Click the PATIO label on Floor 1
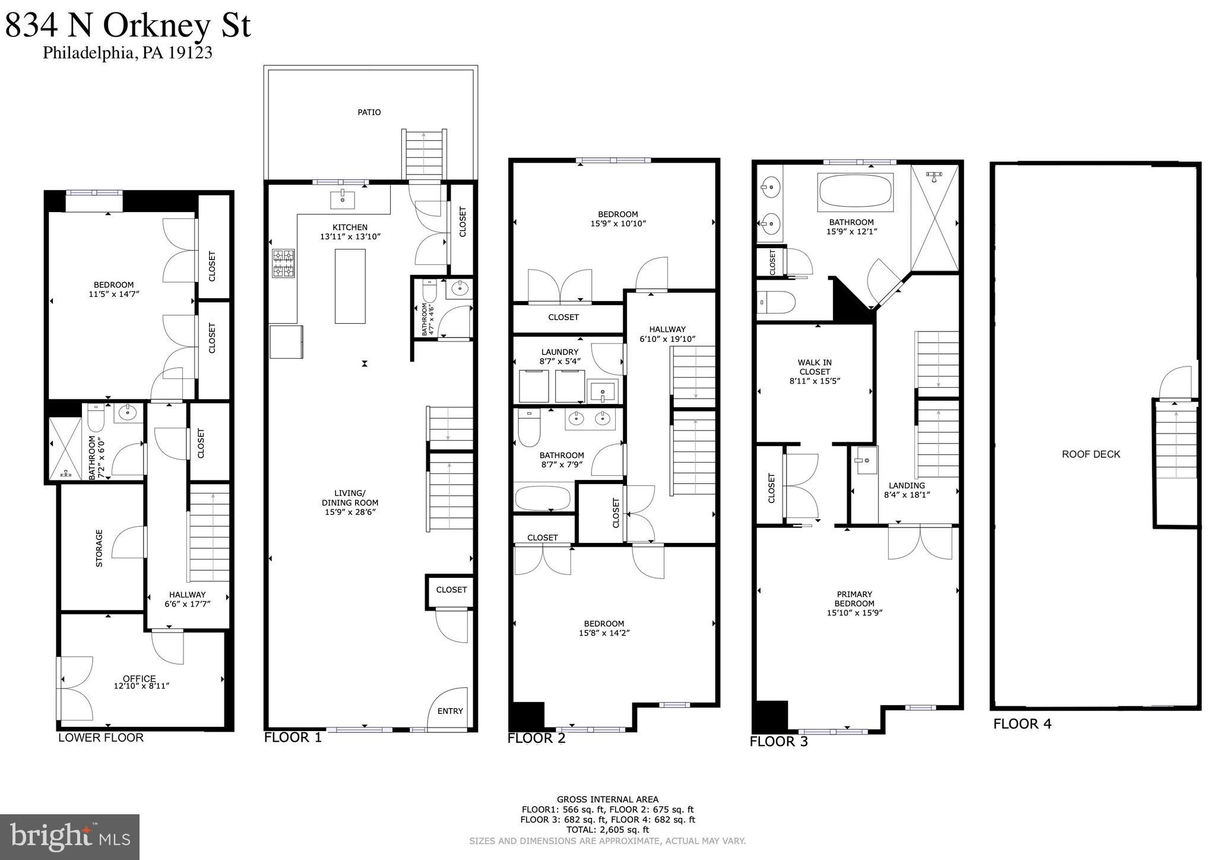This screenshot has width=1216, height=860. pyautogui.click(x=369, y=112)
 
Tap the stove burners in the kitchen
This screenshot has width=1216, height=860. pyautogui.click(x=283, y=263)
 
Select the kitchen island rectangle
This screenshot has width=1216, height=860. pyautogui.click(x=350, y=286)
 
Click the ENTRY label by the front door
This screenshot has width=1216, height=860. pyautogui.click(x=450, y=711)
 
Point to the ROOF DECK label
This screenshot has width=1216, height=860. pyautogui.click(x=1091, y=454)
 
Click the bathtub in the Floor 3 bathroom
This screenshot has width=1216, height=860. pyautogui.click(x=855, y=192)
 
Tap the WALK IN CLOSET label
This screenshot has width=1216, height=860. pyautogui.click(x=814, y=367)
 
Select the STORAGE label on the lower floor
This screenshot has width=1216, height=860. pyautogui.click(x=99, y=548)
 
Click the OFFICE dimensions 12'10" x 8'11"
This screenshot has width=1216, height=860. pyautogui.click(x=141, y=686)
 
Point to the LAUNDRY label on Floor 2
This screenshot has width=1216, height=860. pyautogui.click(x=559, y=352)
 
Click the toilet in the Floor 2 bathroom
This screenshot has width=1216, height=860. pyautogui.click(x=528, y=428)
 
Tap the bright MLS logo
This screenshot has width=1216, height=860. pyautogui.click(x=69, y=837)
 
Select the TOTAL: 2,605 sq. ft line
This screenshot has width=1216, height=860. pyautogui.click(x=607, y=830)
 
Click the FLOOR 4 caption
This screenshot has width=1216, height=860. pyautogui.click(x=1022, y=723)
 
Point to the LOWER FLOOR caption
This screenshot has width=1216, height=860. pyautogui.click(x=100, y=738)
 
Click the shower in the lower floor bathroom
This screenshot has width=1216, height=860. pyautogui.click(x=65, y=448)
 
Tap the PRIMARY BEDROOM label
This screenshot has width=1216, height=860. pyautogui.click(x=854, y=599)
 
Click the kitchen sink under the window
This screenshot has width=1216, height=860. pyautogui.click(x=342, y=200)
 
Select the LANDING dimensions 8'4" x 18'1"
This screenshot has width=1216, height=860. pyautogui.click(x=907, y=494)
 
